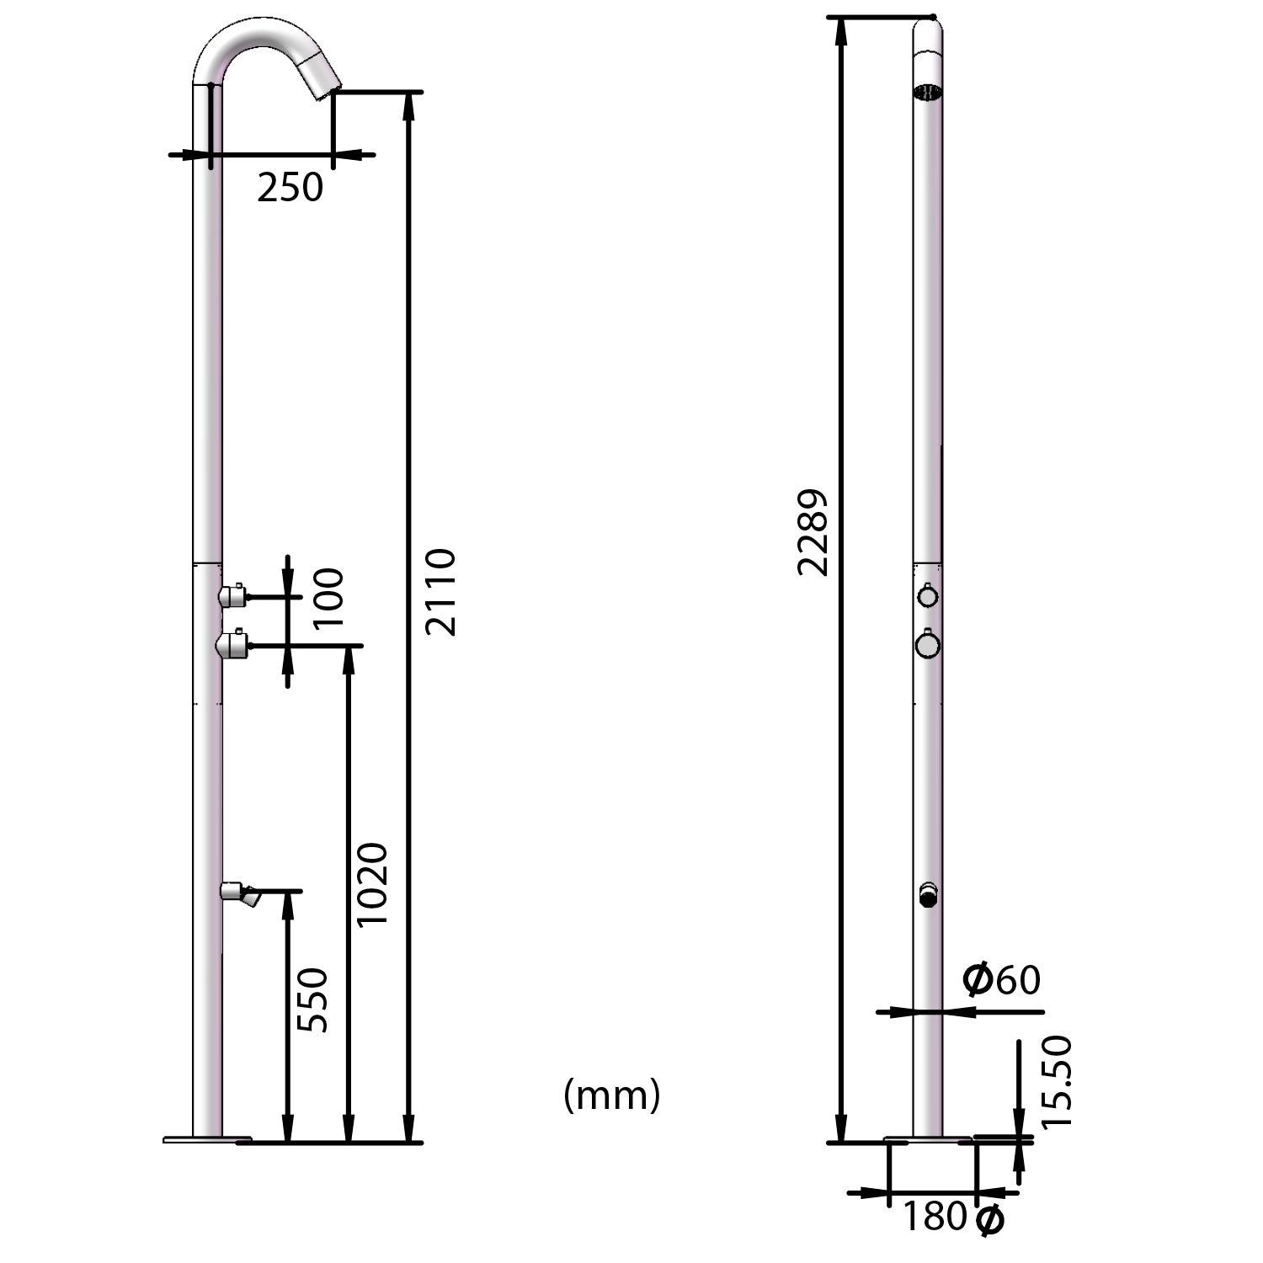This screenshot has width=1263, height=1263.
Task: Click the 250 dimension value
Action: (x=290, y=188)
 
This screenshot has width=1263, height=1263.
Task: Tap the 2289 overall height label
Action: (x=813, y=532)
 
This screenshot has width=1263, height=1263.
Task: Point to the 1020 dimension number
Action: (x=371, y=884)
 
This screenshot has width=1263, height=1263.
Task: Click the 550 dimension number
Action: (x=312, y=999)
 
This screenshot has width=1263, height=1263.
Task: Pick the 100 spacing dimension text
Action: (x=328, y=598)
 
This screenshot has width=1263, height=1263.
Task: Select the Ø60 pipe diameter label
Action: (x=1001, y=980)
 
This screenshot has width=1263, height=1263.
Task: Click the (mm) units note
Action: (x=612, y=1095)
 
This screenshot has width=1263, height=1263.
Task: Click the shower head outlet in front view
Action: (x=928, y=92)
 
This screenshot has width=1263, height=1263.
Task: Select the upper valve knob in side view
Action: (x=232, y=596)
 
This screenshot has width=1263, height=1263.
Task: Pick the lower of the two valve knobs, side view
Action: (x=231, y=646)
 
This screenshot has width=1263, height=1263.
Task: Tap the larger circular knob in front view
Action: (x=928, y=646)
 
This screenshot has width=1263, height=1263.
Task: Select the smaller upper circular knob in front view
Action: (x=928, y=597)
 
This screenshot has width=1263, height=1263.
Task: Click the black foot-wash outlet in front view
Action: (x=928, y=898)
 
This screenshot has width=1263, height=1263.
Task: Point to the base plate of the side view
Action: (x=207, y=1140)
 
